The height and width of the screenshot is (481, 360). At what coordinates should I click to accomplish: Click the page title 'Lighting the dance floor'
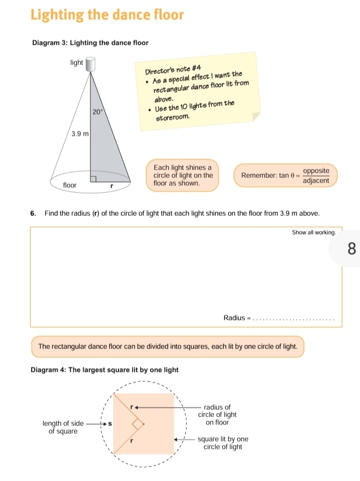pos(107,15)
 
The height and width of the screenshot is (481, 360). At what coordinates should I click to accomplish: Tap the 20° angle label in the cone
pos(98,111)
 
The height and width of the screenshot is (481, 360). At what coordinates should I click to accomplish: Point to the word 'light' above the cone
pos(76,62)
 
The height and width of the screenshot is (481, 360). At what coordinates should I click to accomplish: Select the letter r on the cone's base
pos(111,185)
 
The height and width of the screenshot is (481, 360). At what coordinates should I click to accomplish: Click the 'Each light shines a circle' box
pos(183,176)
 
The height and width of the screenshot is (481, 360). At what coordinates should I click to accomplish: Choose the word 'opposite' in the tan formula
pos(316,171)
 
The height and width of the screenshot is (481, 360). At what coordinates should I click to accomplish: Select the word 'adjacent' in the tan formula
pos(316,180)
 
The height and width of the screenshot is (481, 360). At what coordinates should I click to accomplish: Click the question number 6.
pos(33,214)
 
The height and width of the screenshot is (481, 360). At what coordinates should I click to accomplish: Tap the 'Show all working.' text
pos(314,233)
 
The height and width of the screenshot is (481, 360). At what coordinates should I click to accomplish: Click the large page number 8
pos(352,248)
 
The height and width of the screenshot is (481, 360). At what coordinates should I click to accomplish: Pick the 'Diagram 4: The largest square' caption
pos(104,370)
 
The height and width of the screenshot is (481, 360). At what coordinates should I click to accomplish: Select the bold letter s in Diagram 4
pos(109,424)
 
